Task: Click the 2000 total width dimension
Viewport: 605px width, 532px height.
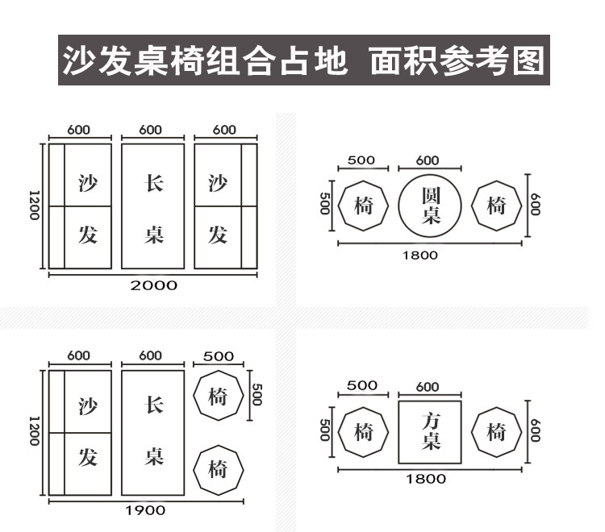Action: pos(153,285)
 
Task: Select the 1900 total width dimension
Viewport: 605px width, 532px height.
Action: pos(146,509)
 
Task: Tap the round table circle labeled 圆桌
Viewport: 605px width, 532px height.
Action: pos(430,206)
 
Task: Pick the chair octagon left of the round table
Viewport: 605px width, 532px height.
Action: pos(363,206)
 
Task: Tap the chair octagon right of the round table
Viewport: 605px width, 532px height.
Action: pos(495,206)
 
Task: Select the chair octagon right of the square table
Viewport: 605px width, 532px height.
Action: pos(495,432)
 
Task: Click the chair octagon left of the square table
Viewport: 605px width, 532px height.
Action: pos(363,432)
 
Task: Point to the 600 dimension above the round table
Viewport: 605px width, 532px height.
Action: pos(428,160)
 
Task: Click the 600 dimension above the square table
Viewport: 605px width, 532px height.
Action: pos(428,387)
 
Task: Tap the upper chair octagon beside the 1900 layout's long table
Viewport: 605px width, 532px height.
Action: pos(218,396)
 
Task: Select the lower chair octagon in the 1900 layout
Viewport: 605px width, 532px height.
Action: pos(218,468)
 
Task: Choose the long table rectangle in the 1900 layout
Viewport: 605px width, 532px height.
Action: pos(154,432)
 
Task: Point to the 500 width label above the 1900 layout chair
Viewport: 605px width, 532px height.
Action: pos(219,355)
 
